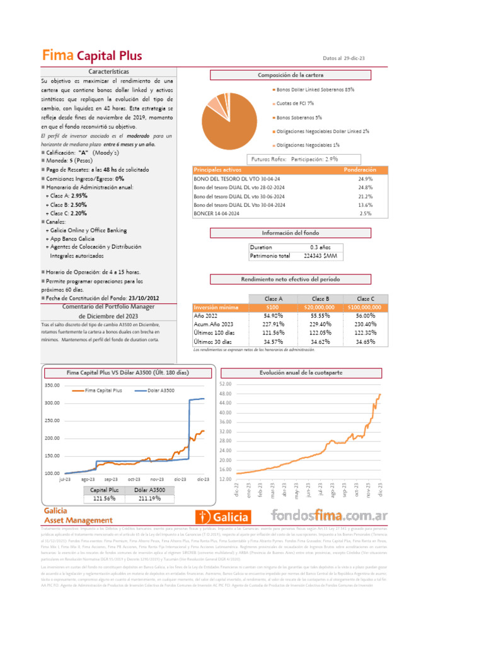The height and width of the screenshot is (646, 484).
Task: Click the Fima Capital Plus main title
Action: [x=92, y=56]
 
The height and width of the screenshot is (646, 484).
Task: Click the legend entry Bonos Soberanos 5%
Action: [x=299, y=117]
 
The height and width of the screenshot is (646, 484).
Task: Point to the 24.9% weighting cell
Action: [x=365, y=179]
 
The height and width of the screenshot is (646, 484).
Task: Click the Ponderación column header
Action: [x=360, y=170]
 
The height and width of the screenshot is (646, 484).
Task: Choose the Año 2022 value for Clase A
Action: [x=272, y=315]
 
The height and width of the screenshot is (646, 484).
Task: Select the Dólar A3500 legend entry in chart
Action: [x=161, y=391]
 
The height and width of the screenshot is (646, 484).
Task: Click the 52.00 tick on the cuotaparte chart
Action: [x=225, y=384]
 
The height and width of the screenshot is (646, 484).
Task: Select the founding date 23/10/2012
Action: [x=144, y=298]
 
